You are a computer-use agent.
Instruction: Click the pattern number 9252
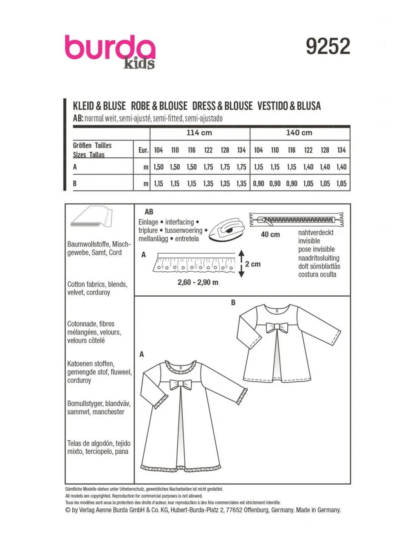tap(328, 46)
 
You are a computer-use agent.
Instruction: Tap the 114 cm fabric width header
tap(199, 133)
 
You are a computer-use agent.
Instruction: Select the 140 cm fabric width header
tap(299, 133)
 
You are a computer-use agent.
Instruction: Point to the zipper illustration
tap(296, 219)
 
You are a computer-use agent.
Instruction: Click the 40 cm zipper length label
tap(270, 235)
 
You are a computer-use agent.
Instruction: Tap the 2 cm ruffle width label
tap(253, 264)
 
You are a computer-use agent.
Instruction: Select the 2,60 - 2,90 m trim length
tap(198, 282)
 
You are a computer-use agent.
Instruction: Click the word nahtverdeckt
tap(316, 233)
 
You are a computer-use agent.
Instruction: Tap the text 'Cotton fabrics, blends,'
tap(97, 284)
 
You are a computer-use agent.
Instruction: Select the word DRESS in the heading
tap(204, 106)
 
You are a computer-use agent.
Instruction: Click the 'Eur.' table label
tap(143, 150)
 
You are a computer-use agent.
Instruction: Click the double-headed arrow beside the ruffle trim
tap(242, 264)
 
